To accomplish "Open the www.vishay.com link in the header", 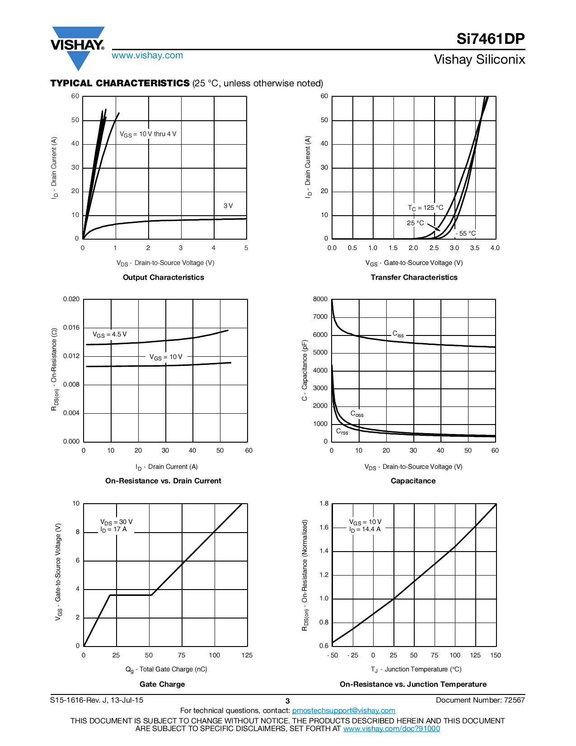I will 147,56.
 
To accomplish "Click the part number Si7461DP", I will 490,39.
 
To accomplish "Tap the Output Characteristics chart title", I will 163,277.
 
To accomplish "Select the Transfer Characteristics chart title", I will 414,277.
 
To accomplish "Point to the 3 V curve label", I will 228,206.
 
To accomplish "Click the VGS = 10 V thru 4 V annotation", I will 148,134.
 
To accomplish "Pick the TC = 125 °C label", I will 426,208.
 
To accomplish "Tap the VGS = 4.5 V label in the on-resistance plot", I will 109,335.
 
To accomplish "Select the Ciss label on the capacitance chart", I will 398,334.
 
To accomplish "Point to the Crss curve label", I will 342,431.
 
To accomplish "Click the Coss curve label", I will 357,414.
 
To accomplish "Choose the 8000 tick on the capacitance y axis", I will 320,299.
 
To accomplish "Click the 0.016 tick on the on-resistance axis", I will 71,327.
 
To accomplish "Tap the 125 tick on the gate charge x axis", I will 247,655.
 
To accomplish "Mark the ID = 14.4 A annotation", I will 365,529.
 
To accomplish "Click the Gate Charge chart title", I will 162,684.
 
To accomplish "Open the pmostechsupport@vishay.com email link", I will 343,711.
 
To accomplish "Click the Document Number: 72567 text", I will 480,700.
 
